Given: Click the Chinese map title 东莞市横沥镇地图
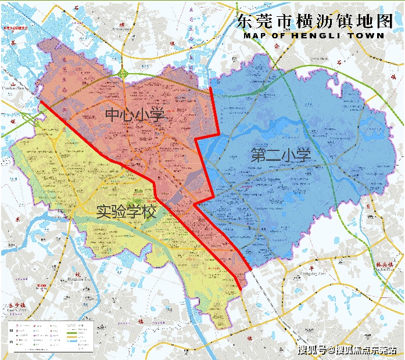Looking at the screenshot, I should pyautogui.click(x=311, y=21).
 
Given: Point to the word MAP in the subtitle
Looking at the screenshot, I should pyautogui.click(x=255, y=35).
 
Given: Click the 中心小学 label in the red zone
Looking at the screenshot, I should pyautogui.click(x=135, y=114).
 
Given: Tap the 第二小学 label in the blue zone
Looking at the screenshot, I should pyautogui.click(x=281, y=155).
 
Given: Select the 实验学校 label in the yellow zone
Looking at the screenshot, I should pyautogui.click(x=126, y=212).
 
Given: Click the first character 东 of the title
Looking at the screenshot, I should pyautogui.click(x=245, y=21).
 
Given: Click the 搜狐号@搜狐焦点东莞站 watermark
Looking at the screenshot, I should pyautogui.click(x=350, y=350).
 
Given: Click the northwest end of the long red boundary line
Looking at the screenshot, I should pyautogui.click(x=41, y=103).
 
